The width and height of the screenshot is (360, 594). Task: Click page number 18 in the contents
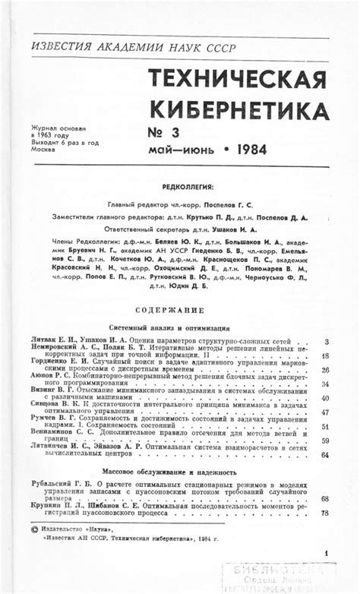click(325, 355)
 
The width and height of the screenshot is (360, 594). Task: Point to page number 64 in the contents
click(325, 454)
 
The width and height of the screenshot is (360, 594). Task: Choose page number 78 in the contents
click(325, 513)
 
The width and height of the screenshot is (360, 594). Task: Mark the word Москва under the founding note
click(42, 149)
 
